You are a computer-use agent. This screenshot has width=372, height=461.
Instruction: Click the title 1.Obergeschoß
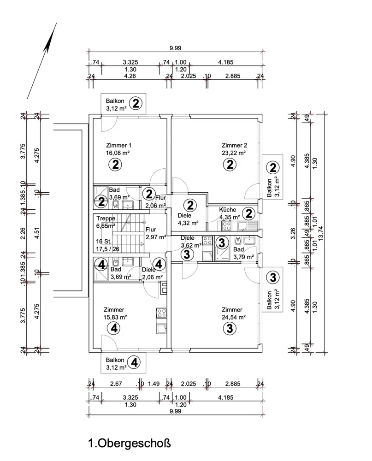[x=130, y=443]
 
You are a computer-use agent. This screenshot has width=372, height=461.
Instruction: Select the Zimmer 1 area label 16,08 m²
[x=118, y=153]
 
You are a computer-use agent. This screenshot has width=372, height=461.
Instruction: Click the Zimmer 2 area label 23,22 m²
[x=234, y=153]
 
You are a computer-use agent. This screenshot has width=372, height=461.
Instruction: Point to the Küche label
[x=228, y=210]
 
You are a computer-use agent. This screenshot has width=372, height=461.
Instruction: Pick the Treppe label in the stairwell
[x=106, y=219]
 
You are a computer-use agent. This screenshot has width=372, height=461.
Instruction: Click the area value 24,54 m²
[x=234, y=317]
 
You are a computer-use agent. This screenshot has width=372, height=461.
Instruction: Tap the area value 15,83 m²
[x=115, y=317]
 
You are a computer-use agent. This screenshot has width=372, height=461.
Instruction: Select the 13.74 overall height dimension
[x=320, y=233]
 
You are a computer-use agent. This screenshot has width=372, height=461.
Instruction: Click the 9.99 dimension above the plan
[x=175, y=48]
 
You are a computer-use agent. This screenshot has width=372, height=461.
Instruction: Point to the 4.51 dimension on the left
[x=37, y=233]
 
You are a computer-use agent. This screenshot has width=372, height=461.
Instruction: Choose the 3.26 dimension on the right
[x=293, y=233]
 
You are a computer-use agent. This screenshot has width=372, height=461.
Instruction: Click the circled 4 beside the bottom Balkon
[x=134, y=362]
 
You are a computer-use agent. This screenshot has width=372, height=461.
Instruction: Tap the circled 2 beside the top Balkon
[x=136, y=103]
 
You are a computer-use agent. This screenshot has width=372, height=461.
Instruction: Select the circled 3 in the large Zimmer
[x=230, y=328]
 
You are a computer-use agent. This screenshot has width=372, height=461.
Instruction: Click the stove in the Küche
[x=226, y=226]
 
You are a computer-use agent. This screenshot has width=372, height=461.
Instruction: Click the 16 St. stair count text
[x=104, y=242]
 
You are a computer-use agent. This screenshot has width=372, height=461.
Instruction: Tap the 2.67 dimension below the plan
[x=116, y=384]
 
